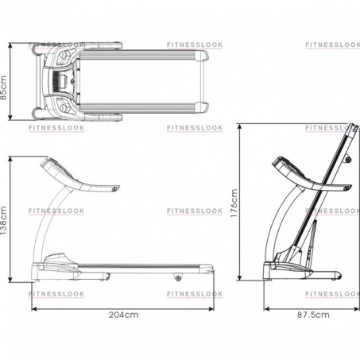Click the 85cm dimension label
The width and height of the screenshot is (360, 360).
tap(4, 87)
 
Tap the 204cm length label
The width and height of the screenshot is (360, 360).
tap(123, 315)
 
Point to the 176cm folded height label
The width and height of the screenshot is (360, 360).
tap(234, 203)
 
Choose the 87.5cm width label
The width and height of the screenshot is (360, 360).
tap(313, 315)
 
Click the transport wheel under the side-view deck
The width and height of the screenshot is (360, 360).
tap(178, 278)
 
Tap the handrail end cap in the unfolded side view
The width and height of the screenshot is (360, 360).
tap(115, 188)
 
